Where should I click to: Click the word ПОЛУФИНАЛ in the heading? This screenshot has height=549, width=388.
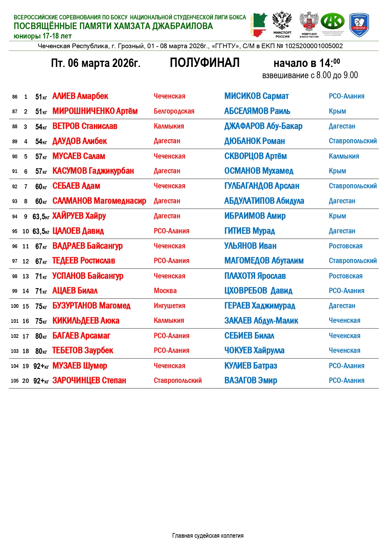click(204, 63)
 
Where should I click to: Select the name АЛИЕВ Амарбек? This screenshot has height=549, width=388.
click(80, 96)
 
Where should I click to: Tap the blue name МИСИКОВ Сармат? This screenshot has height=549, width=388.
click(256, 96)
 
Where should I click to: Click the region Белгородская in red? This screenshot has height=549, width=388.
click(174, 111)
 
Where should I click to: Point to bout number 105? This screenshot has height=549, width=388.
click(15, 381)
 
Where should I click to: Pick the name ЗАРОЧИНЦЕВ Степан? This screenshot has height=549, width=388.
click(89, 380)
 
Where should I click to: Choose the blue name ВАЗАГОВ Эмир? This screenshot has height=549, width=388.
click(251, 380)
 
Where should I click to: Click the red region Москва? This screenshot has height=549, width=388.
click(165, 291)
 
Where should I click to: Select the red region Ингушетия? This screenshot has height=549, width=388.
click(169, 306)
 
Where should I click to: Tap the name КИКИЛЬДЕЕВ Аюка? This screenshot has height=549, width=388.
click(86, 321)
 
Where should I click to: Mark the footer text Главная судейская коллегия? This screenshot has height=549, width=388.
click(208, 536)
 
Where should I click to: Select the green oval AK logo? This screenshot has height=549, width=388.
click(333, 22)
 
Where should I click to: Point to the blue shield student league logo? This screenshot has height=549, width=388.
click(359, 24)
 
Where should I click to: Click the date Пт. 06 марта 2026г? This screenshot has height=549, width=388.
click(96, 63)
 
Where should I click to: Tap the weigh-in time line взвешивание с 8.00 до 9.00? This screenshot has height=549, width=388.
click(310, 75)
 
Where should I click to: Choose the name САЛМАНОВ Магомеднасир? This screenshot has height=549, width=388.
click(99, 201)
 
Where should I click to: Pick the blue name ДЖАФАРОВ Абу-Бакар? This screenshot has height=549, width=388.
click(263, 126)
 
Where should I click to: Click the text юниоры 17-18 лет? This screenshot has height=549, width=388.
click(43, 36)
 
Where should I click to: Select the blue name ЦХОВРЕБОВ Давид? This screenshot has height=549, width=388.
click(258, 291)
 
